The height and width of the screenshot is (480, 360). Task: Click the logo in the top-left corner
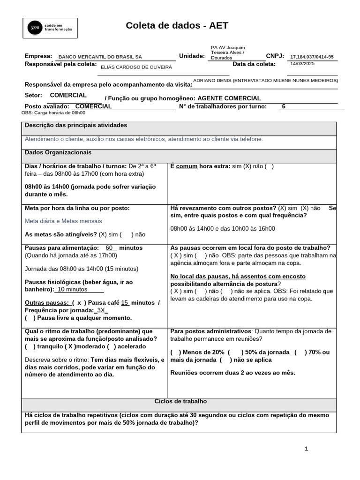51,29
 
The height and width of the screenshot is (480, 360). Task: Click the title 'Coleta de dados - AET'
177,26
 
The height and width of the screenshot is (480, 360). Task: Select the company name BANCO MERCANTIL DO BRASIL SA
99,57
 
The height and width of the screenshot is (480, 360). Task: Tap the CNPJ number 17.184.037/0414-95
312,57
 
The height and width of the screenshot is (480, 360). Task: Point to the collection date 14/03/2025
302,64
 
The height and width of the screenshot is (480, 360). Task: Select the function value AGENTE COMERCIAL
229,98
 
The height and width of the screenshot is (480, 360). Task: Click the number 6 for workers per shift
283,106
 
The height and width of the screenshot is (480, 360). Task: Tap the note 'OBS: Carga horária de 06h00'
53,113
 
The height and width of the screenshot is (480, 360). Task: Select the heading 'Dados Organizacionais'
58,153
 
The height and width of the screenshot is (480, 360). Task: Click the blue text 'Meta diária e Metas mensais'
63,221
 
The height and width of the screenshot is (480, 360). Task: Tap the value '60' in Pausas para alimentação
110,247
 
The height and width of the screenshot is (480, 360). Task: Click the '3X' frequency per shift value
101,310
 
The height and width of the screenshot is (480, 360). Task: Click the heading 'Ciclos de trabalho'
180,402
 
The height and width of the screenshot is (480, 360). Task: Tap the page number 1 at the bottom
306,449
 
